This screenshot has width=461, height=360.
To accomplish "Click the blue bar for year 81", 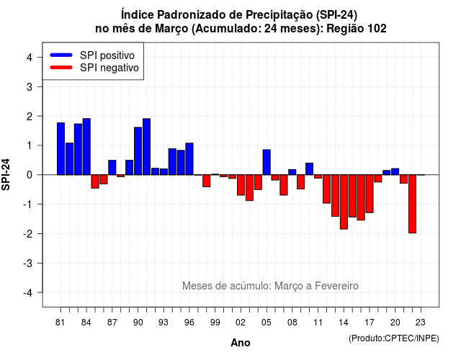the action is [61, 149].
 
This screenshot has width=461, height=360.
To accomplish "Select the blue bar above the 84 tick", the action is [86, 147].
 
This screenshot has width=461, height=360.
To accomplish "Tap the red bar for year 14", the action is [344, 202].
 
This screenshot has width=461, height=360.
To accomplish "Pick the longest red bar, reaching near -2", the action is [413, 204].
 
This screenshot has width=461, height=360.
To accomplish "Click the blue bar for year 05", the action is [267, 162].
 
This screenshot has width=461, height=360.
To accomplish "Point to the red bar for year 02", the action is [241, 185].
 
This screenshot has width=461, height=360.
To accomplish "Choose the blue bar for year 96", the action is [189, 159].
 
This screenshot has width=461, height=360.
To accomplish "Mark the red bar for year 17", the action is [370, 194].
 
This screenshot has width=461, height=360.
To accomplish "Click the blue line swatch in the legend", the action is [61, 55].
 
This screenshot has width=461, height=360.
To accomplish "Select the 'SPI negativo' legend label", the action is [109, 68].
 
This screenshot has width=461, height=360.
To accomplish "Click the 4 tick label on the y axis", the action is [30, 58].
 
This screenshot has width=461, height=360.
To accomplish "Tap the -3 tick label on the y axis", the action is [28, 264].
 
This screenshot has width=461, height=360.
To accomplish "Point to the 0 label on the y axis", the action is [30, 175].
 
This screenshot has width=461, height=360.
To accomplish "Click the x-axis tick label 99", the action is [215, 323].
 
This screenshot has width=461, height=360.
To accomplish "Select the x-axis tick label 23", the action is [421, 323].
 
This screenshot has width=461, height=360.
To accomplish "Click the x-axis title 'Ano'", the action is [241, 343].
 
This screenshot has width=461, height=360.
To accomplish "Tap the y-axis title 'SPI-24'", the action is [6, 174].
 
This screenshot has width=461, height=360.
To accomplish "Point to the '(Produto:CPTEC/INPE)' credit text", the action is [394, 338].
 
